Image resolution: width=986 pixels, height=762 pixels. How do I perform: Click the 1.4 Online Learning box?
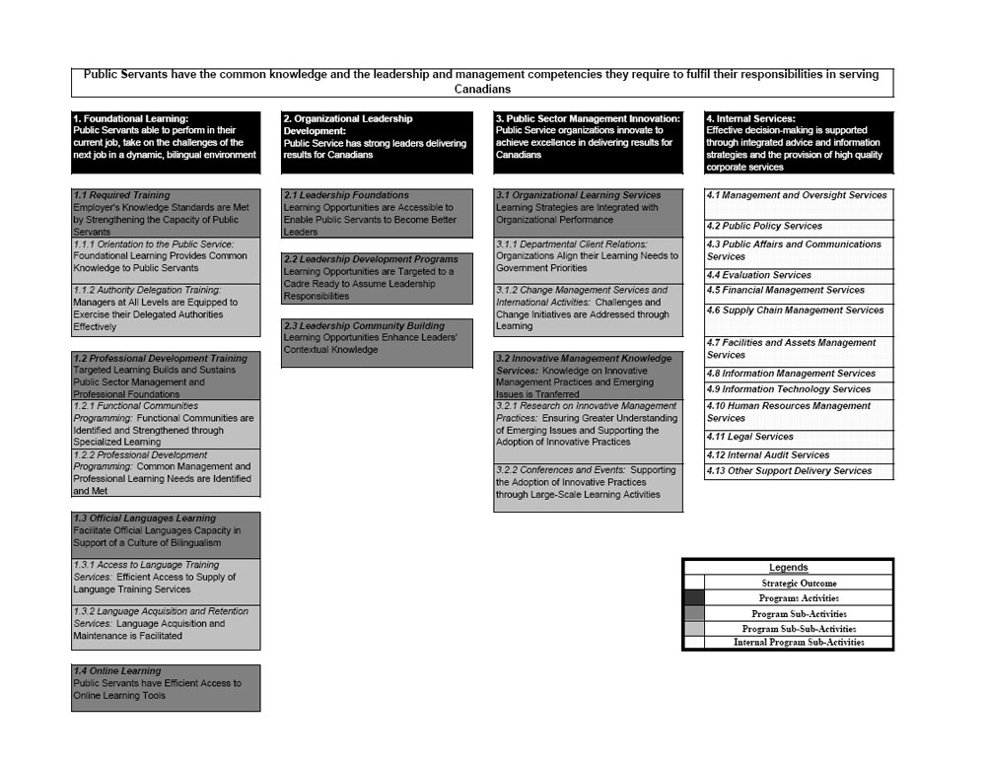point(167,688)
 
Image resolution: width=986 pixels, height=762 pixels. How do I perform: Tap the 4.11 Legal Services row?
point(799,438)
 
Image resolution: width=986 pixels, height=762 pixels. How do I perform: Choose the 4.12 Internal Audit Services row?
point(799,455)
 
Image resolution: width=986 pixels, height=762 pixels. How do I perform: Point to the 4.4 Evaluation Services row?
point(799,275)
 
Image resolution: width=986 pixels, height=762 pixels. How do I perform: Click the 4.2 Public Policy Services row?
point(799,226)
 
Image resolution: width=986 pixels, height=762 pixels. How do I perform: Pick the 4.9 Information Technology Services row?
point(799,389)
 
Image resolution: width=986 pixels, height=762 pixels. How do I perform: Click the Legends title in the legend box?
point(788,568)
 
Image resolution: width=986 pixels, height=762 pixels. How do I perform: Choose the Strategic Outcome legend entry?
point(799,584)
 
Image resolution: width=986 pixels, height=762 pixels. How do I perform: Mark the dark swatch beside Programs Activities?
point(694,598)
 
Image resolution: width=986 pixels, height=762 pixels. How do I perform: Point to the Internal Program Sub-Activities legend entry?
point(799,643)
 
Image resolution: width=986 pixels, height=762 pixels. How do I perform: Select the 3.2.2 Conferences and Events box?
point(588,487)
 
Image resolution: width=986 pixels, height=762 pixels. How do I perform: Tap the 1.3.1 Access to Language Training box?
point(167,582)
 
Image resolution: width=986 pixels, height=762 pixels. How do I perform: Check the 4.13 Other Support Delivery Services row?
point(799,471)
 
